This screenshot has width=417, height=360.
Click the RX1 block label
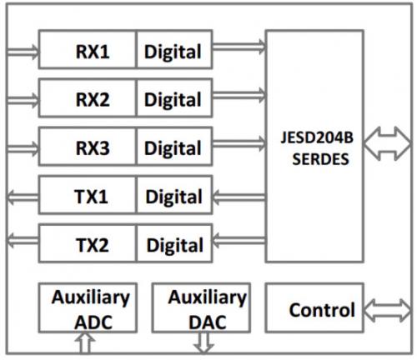pyautogui.click(x=93, y=52)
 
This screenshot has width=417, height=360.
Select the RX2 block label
pyautogui.click(x=93, y=100)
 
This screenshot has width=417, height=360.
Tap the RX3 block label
pyautogui.click(x=93, y=148)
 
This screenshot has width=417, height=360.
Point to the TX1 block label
pyautogui.click(x=91, y=197)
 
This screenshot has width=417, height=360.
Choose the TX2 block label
pyautogui.click(x=93, y=245)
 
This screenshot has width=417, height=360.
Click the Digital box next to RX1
pyautogui.click(x=174, y=49)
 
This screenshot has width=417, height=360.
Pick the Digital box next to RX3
pyautogui.click(x=174, y=146)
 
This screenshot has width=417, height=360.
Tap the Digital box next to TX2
pyautogui.click(x=174, y=243)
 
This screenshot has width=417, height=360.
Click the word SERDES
pyautogui.click(x=320, y=159)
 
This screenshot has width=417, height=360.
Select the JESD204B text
pyautogui.click(x=317, y=137)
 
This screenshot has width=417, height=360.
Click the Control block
pyautogui.click(x=314, y=307)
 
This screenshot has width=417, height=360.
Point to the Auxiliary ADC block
pyautogui.click(x=88, y=307)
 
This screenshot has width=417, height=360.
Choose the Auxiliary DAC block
pyautogui.click(x=201, y=307)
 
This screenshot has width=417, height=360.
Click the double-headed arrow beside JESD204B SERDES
pyautogui.click(x=387, y=143)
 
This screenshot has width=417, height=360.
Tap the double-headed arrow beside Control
pyautogui.click(x=387, y=311)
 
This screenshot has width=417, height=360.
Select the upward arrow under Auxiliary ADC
pyautogui.click(x=85, y=342)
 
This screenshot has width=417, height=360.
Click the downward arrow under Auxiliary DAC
pyautogui.click(x=203, y=343)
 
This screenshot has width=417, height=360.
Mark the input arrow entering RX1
pyautogui.click(x=23, y=52)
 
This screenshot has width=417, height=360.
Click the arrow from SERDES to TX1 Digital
pyautogui.click(x=239, y=197)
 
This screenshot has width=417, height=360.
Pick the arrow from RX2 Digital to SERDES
pyautogui.click(x=239, y=95)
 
